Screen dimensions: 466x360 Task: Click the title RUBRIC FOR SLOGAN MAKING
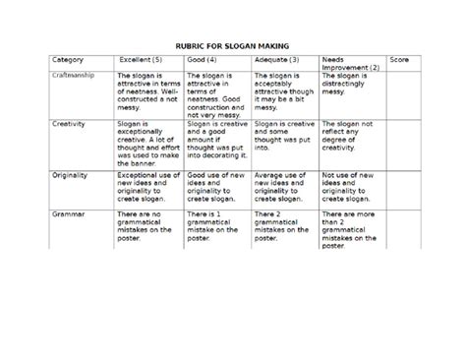click(x=232, y=46)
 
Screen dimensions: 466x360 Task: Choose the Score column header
click(x=399, y=61)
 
